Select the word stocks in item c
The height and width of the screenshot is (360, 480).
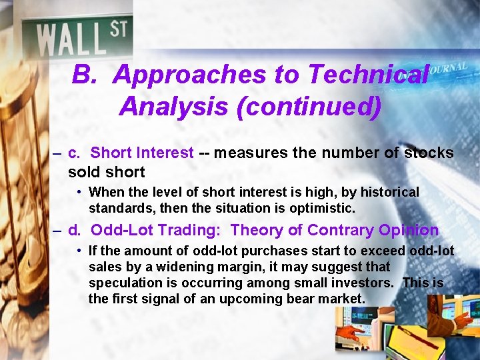tap(429, 153)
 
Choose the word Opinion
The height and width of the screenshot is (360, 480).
tap(409, 231)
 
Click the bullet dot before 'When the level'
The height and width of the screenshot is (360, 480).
tap(79, 193)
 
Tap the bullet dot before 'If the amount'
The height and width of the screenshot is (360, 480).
tap(79, 251)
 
